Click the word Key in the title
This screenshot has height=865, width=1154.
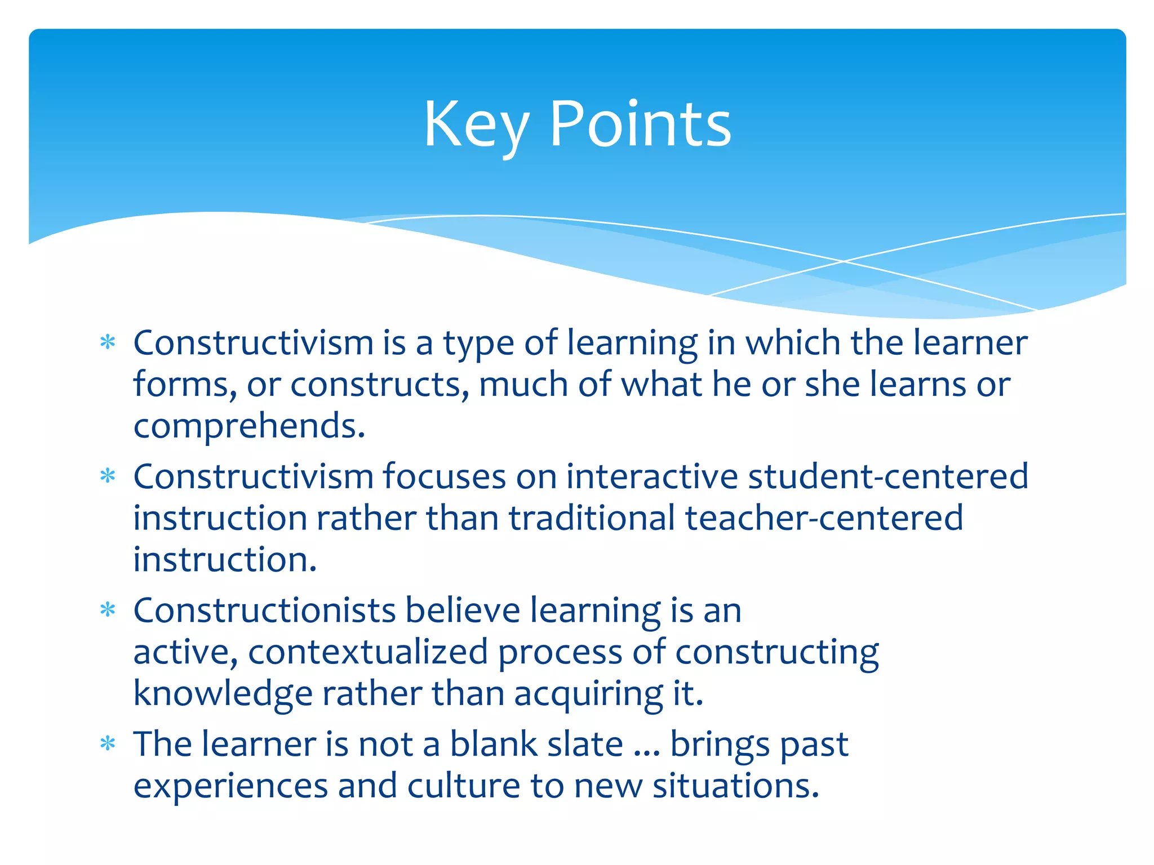(x=476, y=125)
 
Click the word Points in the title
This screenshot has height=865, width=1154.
(x=640, y=125)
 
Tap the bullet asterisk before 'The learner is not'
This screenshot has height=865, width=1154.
(x=107, y=744)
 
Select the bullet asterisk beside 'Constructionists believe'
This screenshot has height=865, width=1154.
(x=107, y=610)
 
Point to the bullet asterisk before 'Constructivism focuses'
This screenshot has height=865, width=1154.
(x=107, y=476)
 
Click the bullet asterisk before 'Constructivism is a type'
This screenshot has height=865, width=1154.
(x=107, y=342)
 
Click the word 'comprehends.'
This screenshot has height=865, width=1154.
(x=249, y=426)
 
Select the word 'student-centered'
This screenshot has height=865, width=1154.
(x=888, y=476)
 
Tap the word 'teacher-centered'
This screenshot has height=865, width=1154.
(x=824, y=518)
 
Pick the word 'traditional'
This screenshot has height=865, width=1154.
(x=592, y=518)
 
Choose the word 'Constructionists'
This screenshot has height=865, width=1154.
(x=264, y=610)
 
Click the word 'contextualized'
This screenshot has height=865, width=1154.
(x=368, y=652)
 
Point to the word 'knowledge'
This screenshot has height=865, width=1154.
(x=223, y=694)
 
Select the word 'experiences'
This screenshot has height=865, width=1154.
(x=230, y=786)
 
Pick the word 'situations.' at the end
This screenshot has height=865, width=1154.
(x=735, y=786)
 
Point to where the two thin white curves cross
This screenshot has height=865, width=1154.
(x=844, y=261)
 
